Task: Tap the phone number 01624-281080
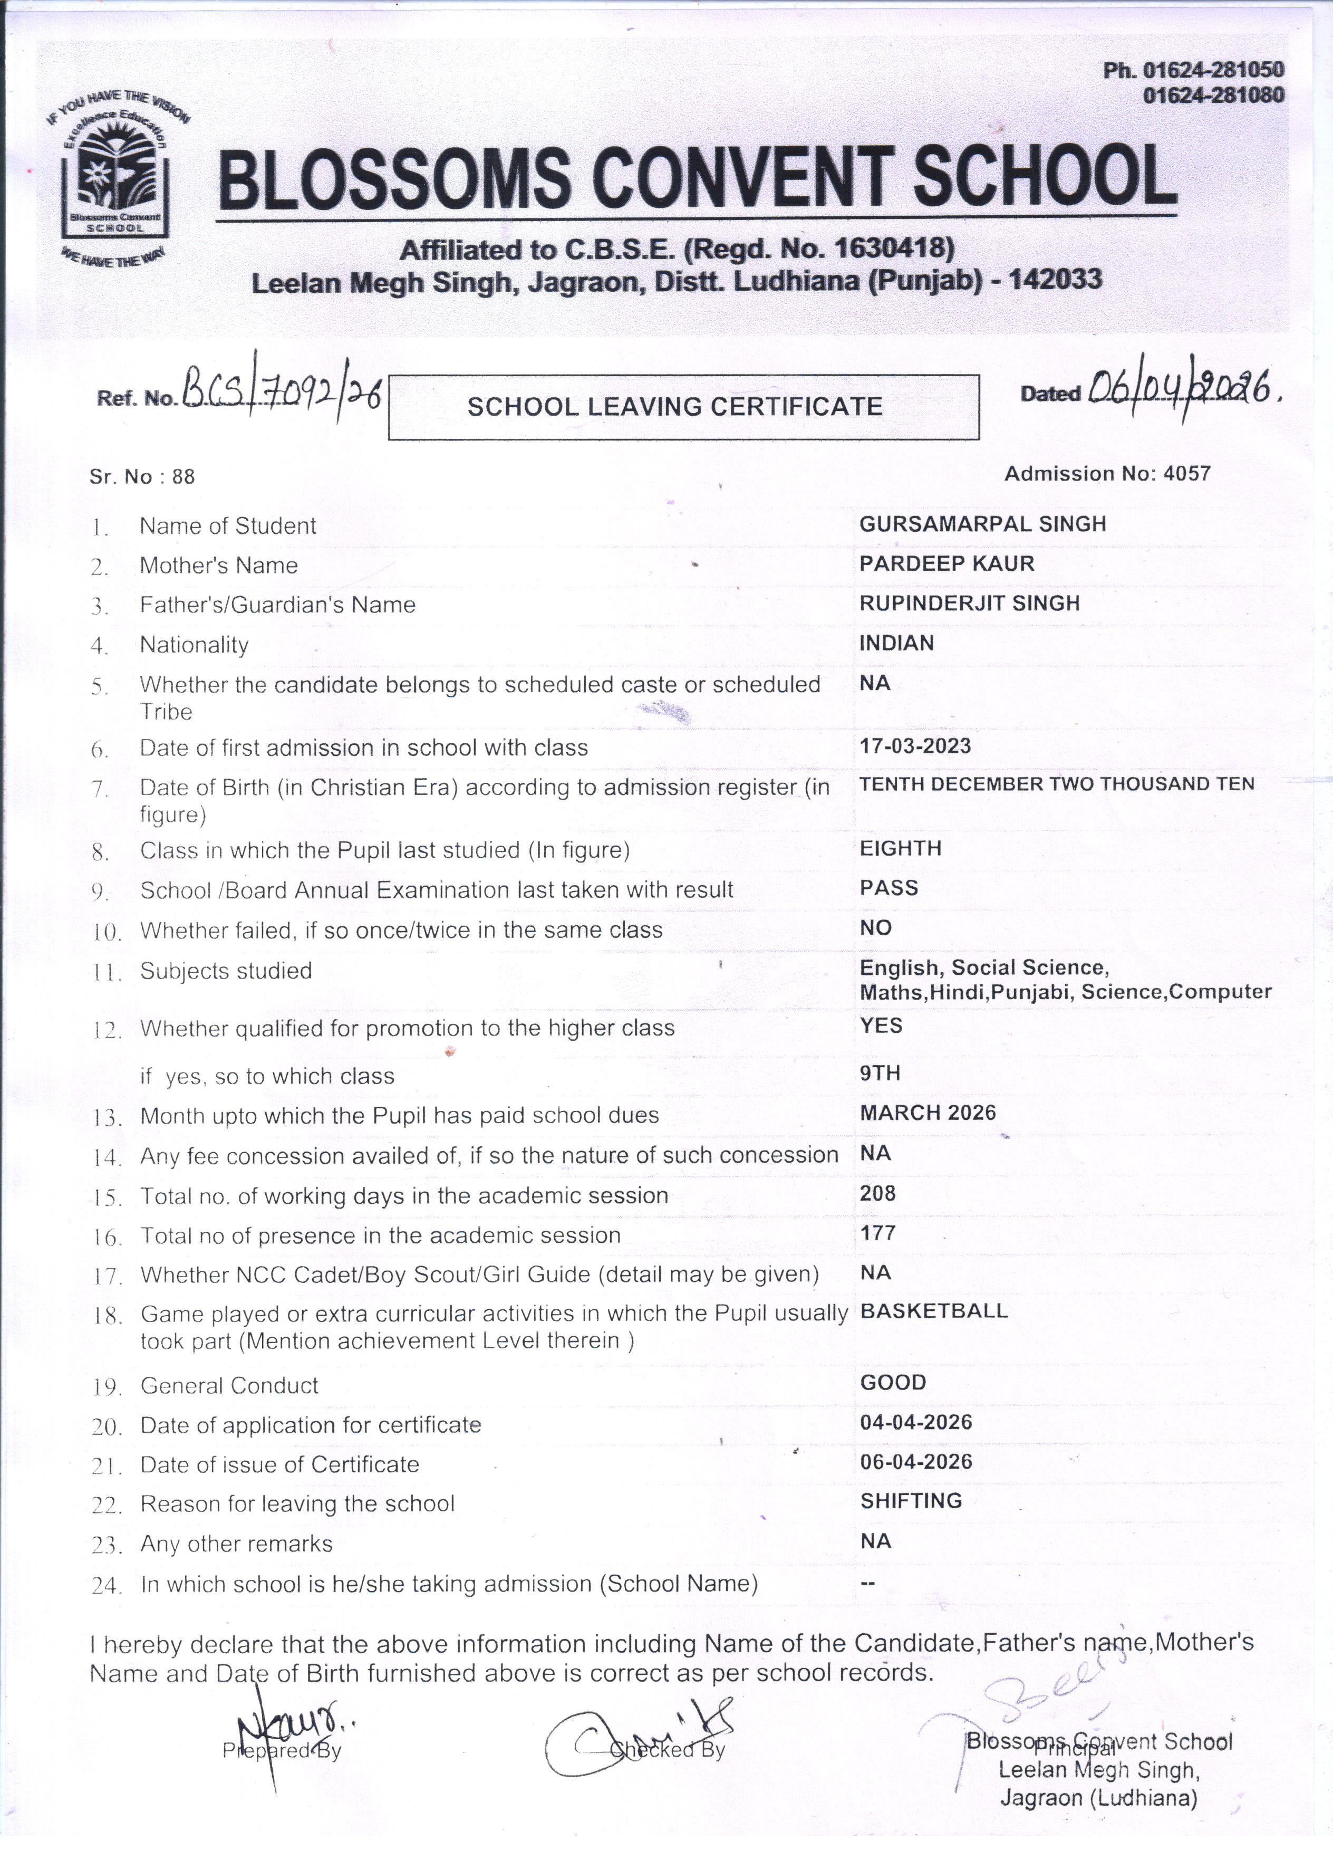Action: pyautogui.click(x=1213, y=96)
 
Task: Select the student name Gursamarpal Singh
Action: pyautogui.click(x=982, y=524)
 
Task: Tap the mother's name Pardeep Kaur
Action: pyautogui.click(x=946, y=563)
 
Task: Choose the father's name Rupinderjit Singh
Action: pyautogui.click(x=969, y=603)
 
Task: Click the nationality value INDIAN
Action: pyautogui.click(x=896, y=644)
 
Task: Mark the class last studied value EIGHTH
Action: pyautogui.click(x=900, y=848)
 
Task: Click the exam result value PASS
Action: pyautogui.click(x=888, y=888)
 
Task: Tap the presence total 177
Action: pyautogui.click(x=877, y=1233)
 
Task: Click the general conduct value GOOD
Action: pyautogui.click(x=893, y=1383)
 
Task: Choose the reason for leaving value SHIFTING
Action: pyautogui.click(x=911, y=1501)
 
